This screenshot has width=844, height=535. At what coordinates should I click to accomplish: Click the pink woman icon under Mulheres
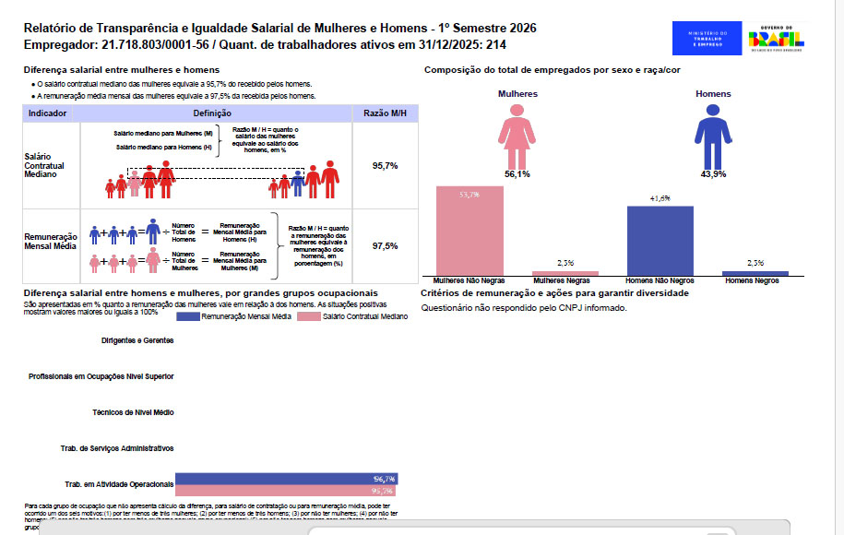(x=517, y=135)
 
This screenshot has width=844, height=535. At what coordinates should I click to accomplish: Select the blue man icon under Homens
(x=713, y=135)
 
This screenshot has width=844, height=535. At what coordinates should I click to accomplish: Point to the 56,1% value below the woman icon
(x=517, y=173)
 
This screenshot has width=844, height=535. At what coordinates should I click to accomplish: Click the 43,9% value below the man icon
(x=713, y=173)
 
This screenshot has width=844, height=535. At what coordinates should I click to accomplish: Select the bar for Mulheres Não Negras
(x=470, y=230)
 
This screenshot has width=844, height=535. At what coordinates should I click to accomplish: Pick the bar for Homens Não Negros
(x=660, y=239)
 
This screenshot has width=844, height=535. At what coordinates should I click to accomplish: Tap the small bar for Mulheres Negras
(x=565, y=273)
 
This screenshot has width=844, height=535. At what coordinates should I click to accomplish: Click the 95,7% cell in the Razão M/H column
(x=385, y=166)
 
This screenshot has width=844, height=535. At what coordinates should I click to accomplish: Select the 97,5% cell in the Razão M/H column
(x=385, y=246)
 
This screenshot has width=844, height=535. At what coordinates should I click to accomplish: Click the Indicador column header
(x=48, y=113)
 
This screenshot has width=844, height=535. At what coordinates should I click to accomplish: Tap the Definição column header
(x=212, y=113)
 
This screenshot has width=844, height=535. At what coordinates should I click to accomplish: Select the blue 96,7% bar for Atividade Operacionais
(x=286, y=479)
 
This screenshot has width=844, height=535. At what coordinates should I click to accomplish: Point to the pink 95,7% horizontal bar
(x=286, y=491)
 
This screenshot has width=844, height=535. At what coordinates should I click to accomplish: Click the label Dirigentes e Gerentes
(x=137, y=341)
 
